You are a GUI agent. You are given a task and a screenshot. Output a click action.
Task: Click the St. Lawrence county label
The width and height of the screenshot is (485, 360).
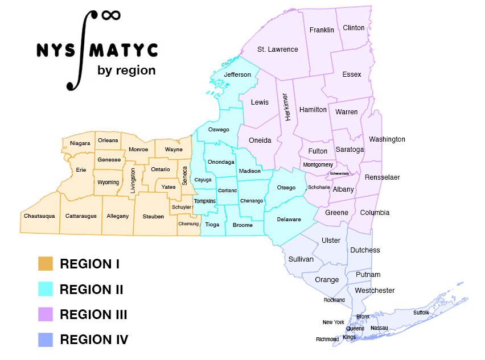278,49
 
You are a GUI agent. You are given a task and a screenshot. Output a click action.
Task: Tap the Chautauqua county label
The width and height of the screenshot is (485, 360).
39,216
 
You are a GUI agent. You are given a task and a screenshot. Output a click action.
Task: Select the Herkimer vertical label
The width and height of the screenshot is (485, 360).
286,106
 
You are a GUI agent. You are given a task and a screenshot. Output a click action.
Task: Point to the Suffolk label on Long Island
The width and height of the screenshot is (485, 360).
421,313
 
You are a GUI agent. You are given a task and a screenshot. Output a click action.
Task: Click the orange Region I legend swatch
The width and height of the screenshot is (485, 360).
45,264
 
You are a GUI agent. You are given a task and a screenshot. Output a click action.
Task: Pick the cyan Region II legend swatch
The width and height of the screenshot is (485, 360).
45,289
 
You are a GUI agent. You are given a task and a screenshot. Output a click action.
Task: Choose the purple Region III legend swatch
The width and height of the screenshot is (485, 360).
45,314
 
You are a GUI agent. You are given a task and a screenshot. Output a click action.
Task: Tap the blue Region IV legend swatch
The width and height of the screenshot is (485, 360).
45,340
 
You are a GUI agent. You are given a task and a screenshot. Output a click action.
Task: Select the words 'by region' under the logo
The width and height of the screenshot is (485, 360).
126,71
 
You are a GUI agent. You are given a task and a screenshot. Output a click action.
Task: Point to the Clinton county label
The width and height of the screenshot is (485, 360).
354,28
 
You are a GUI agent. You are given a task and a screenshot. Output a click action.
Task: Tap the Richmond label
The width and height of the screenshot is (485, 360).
327,340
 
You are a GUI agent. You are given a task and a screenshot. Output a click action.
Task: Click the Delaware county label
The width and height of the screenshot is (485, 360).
289,220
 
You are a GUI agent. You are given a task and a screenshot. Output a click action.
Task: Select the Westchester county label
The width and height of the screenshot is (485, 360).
374,291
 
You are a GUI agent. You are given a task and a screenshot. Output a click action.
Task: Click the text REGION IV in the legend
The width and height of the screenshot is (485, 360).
94,340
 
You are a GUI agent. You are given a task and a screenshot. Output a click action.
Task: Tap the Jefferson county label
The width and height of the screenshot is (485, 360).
237,75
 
